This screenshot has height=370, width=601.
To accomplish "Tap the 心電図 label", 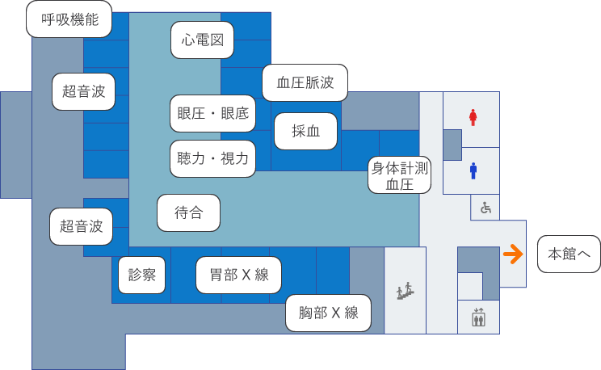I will [203, 40].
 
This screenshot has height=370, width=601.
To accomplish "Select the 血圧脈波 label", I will [305, 82].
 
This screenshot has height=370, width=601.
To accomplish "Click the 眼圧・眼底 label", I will [213, 114].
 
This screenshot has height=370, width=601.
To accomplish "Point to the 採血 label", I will [305, 132].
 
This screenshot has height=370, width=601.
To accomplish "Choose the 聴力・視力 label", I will [213, 158].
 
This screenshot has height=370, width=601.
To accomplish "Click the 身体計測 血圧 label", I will [399, 175].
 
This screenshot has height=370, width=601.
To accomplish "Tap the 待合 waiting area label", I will [188, 212].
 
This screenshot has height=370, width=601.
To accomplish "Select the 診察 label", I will [142, 275].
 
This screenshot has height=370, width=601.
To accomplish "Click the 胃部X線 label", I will [238, 275].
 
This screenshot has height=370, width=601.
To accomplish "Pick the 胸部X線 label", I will [328, 313].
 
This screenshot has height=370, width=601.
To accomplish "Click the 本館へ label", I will [569, 254].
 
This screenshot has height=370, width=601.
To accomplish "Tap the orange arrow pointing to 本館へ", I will [512, 254].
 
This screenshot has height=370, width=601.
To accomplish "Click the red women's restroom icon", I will [473, 118].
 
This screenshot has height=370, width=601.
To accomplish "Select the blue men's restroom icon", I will [473, 170].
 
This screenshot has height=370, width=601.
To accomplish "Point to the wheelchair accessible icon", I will [485, 208].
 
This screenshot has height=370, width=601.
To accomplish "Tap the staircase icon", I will [406, 290].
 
